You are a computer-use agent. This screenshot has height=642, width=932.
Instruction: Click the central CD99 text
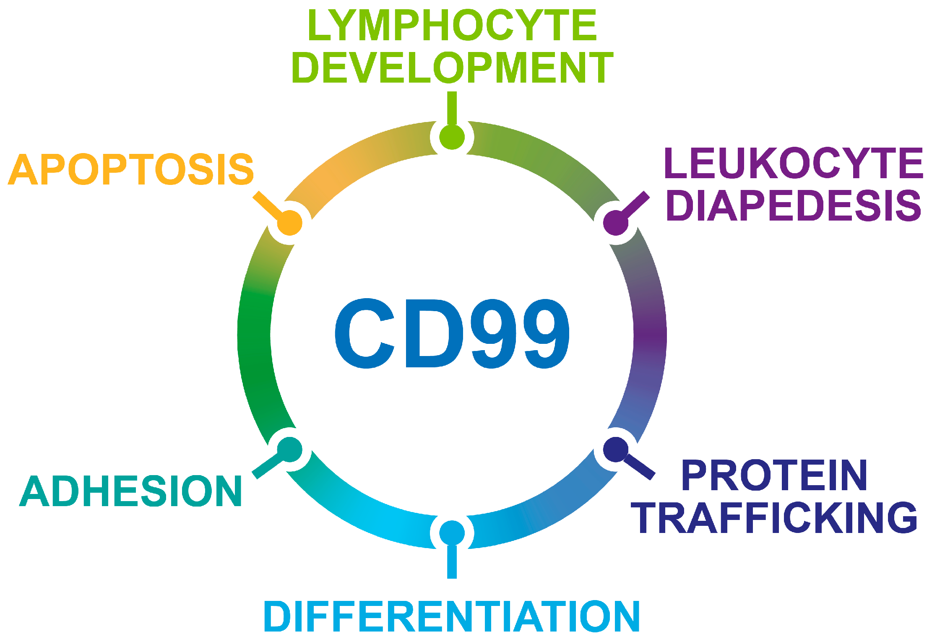[452, 333]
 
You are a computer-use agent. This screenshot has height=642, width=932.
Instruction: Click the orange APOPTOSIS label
[131, 169]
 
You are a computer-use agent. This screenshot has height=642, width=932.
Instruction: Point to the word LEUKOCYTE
[794, 163]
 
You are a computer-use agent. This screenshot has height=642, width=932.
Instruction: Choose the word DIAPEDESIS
[793, 205]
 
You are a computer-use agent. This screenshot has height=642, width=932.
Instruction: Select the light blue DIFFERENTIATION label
[451, 616]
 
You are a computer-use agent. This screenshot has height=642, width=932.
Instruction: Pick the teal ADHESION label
[131, 491]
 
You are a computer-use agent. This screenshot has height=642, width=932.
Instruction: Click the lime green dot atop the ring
[452, 137]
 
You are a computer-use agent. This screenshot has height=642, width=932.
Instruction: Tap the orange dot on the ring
[290, 223]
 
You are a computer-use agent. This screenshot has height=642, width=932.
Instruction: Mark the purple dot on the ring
[615, 223]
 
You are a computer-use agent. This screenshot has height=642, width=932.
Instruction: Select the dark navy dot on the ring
[615, 449]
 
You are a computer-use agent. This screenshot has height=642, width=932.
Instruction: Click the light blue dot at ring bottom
[452, 533]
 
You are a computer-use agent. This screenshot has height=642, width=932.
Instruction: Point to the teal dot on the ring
[290, 449]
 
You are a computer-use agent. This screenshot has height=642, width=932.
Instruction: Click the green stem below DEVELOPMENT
[452, 108]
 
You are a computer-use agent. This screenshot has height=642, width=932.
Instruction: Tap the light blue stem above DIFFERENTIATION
[452, 562]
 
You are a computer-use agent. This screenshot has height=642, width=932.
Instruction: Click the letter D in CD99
[434, 333]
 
